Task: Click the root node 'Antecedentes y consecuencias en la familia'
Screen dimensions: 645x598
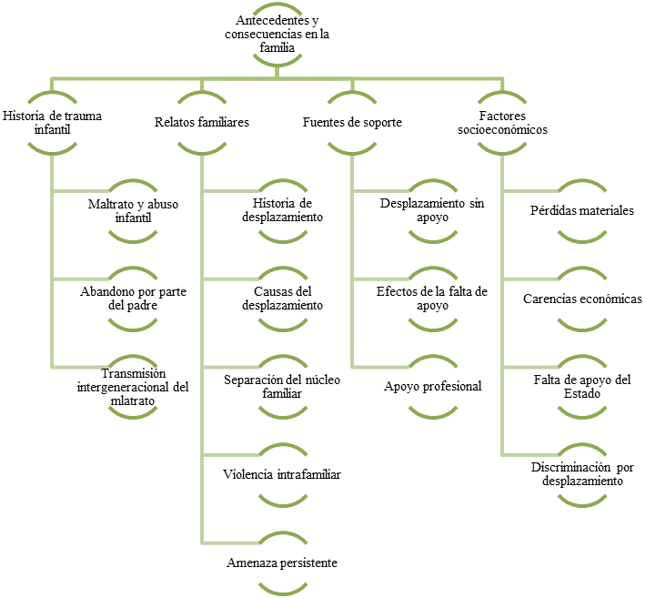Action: tap(277, 34)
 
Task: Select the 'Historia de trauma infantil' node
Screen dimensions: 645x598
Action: tap(52, 123)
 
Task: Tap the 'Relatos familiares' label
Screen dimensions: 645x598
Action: tap(202, 122)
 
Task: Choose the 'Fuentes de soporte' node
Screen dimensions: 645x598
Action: tap(352, 122)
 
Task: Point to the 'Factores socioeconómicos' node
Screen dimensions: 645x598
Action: tap(502, 123)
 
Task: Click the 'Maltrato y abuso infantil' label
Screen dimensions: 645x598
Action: tap(133, 211)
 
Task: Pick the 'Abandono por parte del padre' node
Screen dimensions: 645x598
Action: tap(133, 299)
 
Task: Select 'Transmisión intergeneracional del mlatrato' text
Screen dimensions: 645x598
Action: tap(133, 387)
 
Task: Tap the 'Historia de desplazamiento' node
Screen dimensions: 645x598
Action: tap(282, 210)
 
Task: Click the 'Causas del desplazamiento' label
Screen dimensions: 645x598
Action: tap(282, 299)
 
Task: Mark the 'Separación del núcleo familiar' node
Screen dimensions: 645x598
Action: tap(282, 387)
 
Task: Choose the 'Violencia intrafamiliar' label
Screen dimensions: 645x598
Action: tap(282, 474)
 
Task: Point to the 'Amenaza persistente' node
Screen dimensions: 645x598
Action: tap(282, 563)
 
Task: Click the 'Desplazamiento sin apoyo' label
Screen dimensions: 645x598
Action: tap(432, 210)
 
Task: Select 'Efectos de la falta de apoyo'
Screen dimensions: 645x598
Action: tap(432, 299)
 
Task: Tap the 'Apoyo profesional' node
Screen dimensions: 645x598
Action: tap(432, 386)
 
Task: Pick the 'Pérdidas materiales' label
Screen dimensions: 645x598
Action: tap(582, 210)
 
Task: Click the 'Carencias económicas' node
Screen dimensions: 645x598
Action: tap(582, 299)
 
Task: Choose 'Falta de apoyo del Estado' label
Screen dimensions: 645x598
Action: tap(582, 387)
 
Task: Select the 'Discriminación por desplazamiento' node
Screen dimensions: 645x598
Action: tap(582, 474)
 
